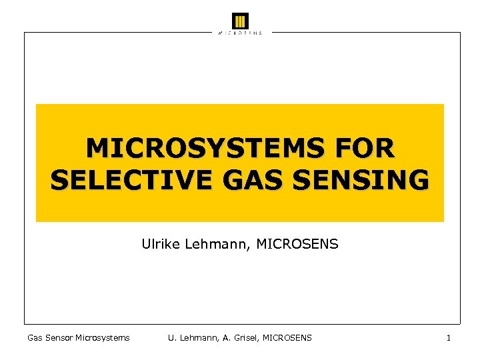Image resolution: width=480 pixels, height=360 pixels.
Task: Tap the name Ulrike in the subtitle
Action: pos(158,245)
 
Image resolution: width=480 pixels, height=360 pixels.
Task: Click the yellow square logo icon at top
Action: pos(240,21)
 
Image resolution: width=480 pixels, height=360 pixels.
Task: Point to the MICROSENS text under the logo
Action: pos(240,33)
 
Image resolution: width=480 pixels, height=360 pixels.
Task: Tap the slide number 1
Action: pos(449,338)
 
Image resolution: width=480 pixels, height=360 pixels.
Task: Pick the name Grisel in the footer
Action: pos(244,338)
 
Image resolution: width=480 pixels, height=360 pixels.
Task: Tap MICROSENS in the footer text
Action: pos(287,338)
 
